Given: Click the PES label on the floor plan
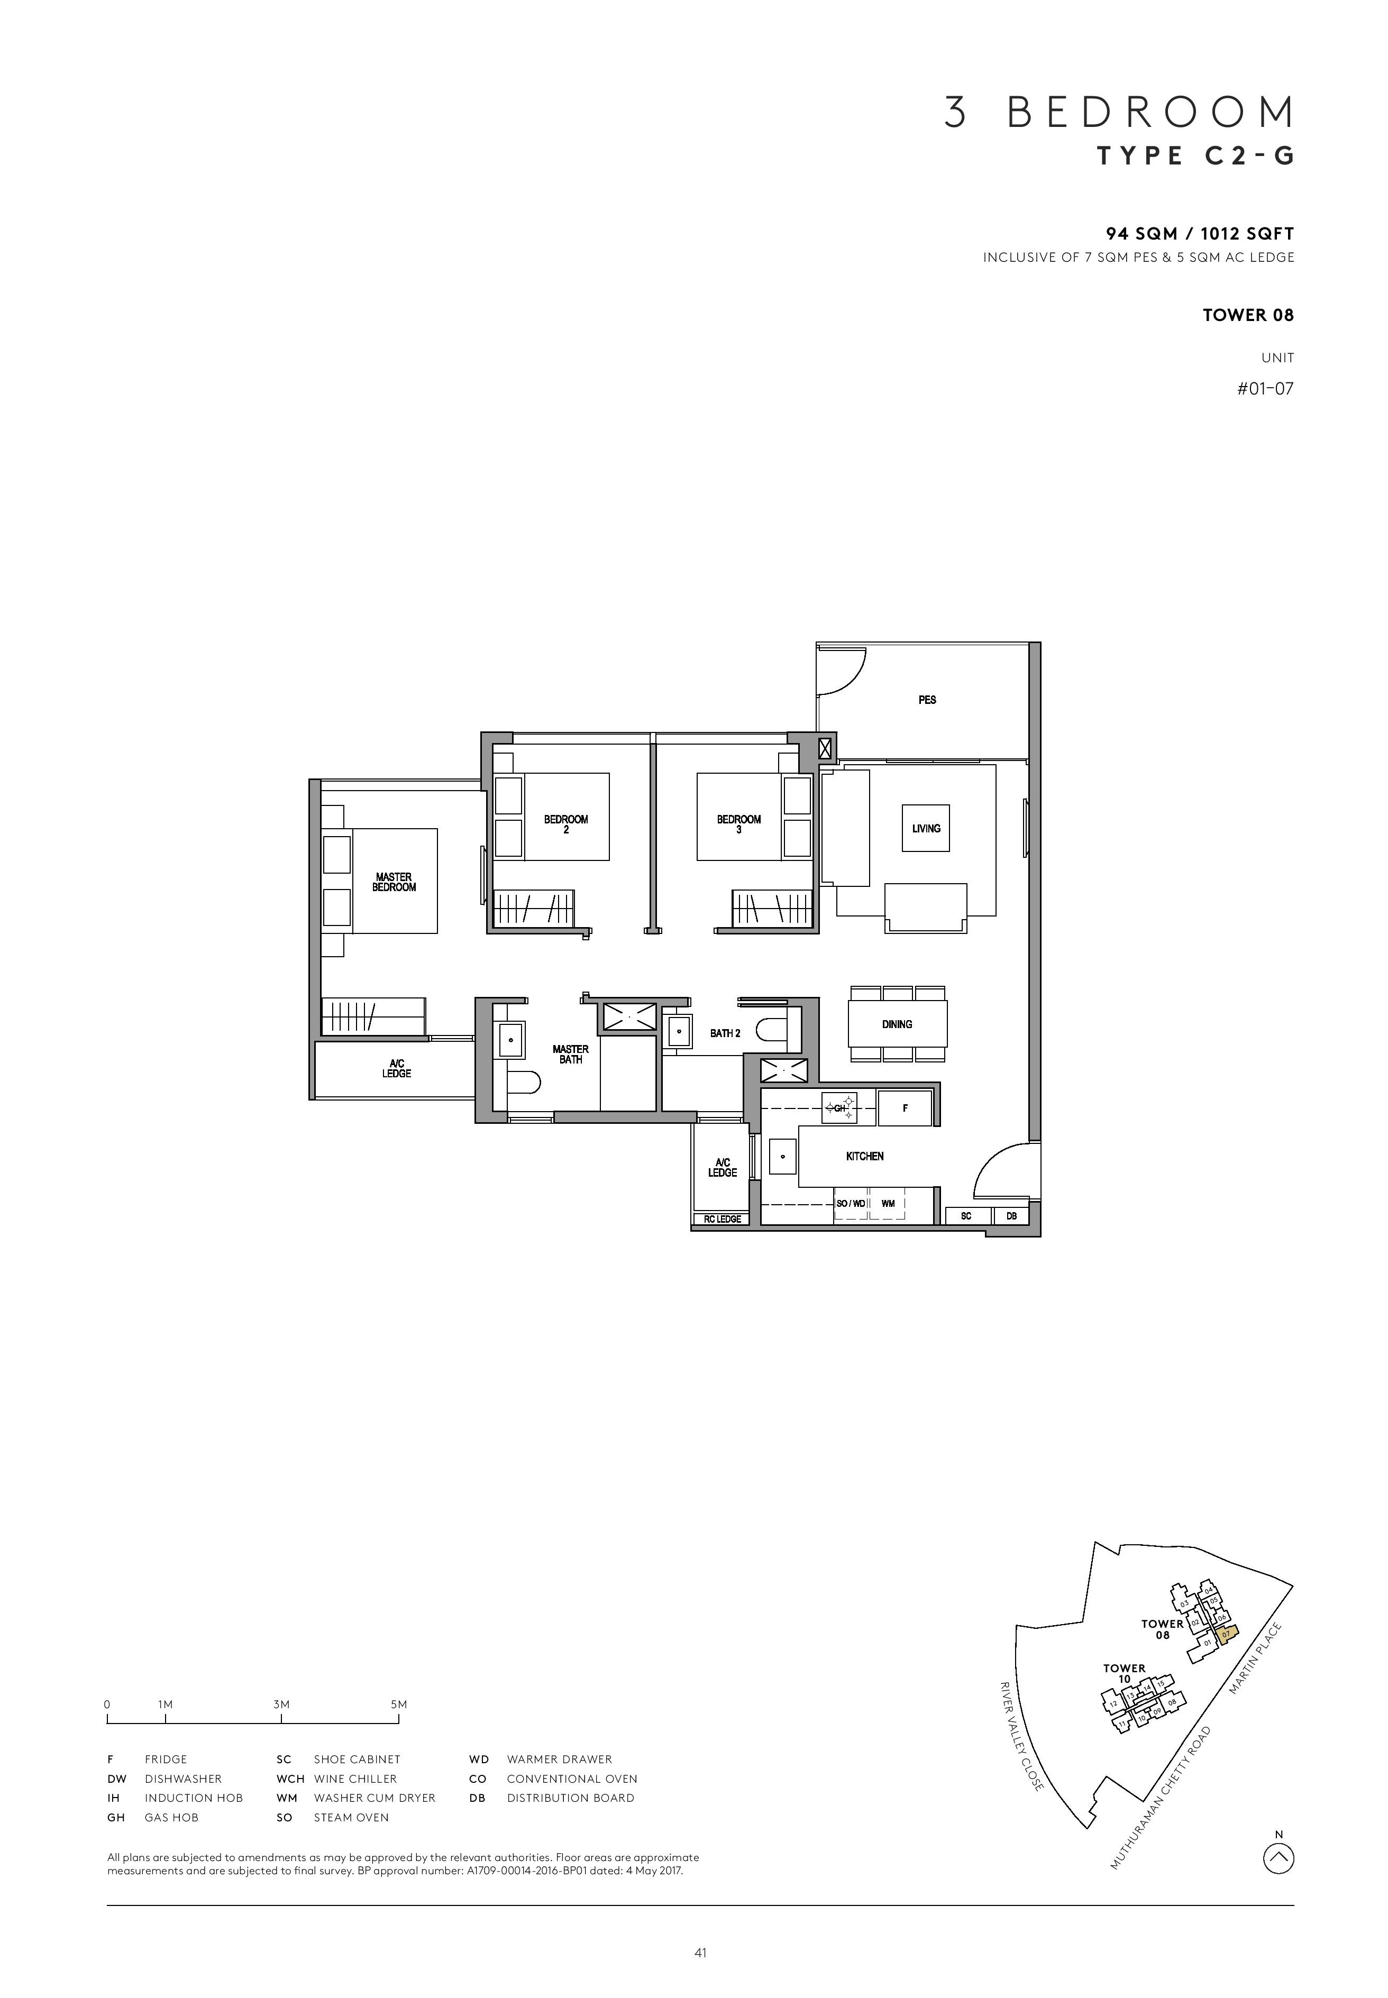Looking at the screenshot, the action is (927, 700).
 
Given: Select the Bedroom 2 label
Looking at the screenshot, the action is (566, 824).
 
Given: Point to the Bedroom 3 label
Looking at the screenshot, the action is (738, 824).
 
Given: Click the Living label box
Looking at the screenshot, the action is (926, 829).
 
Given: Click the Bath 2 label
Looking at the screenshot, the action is (725, 1033).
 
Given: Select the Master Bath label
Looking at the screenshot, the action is (571, 1054).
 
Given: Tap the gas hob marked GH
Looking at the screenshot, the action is (840, 1108).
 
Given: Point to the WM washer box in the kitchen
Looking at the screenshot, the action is (888, 1204).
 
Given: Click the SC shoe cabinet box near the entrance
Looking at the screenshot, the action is (966, 1216).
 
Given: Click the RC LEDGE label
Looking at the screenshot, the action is (723, 1219).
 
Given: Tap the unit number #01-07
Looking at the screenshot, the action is (1265, 389).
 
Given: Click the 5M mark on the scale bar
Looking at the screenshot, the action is (398, 1704).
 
